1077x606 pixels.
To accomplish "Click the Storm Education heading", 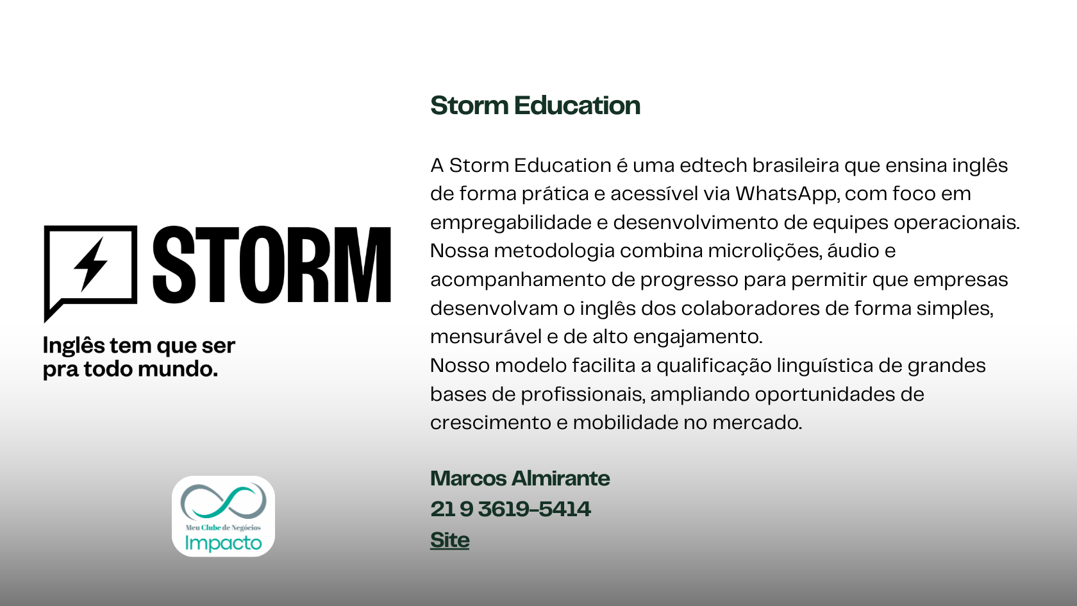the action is click(535, 105).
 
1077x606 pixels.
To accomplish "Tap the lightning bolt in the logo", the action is click(90, 264).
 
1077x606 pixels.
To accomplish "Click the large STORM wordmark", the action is click(272, 264).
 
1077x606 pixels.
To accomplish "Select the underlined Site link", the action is click(449, 540).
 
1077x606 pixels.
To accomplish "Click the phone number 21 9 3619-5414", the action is click(510, 509).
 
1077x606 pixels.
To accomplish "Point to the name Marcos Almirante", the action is click(520, 478).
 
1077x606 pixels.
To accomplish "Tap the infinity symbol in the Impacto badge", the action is click(223, 501).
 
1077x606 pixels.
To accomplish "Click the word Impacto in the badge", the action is click(223, 543).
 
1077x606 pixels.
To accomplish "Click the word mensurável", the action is click(486, 337).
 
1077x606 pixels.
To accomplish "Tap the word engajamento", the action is click(697, 337).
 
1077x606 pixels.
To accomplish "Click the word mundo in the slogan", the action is click(178, 369).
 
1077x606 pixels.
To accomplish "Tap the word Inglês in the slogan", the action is click(74, 346).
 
